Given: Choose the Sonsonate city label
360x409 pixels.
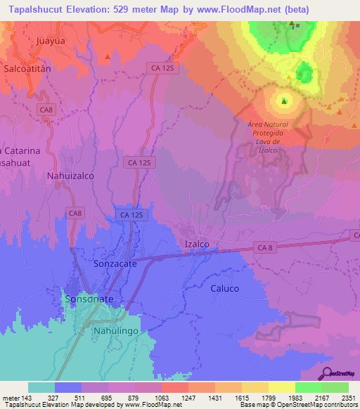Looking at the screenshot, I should [89, 299].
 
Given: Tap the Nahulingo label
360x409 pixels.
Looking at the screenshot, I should [117, 330].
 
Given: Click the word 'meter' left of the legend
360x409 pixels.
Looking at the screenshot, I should [10, 397].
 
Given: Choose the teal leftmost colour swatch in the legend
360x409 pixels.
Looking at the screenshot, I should [41, 387].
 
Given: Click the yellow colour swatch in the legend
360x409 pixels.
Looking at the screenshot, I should [282, 387].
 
